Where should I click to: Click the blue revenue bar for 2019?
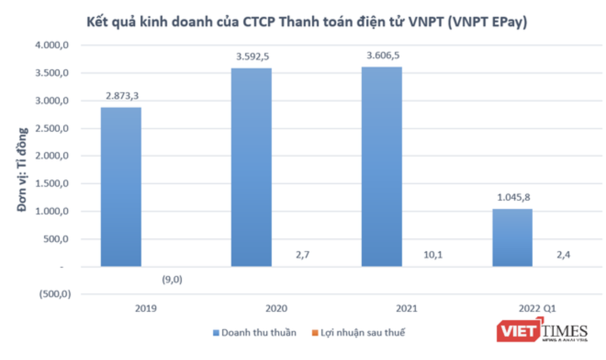point(121,187)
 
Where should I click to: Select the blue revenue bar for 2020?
point(251,167)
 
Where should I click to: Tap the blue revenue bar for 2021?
point(382,167)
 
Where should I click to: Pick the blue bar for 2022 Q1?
point(512,237)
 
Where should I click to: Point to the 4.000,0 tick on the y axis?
point(52,45)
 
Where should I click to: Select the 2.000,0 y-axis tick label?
point(52,156)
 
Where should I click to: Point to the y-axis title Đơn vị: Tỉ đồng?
point(22,169)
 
